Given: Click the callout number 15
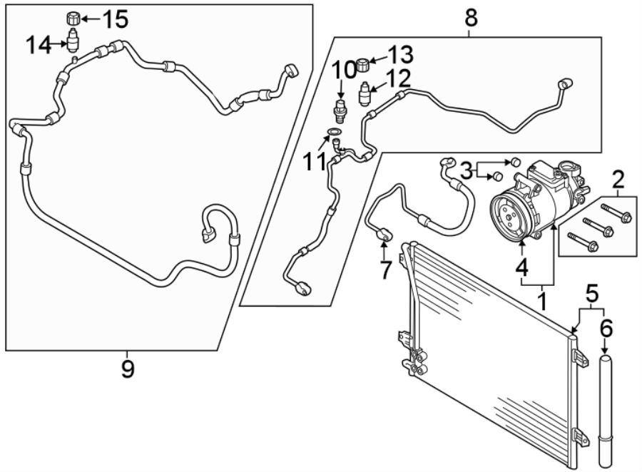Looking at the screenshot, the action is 115,19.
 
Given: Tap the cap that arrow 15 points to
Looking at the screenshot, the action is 73,19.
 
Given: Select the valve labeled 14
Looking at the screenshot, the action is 73,41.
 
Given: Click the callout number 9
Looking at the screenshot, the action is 128,369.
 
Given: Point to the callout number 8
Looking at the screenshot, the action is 472,18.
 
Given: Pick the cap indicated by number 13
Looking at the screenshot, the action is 362,65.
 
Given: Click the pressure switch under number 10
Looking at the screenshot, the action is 340,110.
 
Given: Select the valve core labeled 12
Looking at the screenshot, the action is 365,93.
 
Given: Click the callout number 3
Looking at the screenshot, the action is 467,170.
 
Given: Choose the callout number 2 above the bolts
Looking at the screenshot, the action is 618,179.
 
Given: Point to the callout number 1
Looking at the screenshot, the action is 542,302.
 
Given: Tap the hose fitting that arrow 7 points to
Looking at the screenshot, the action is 384,235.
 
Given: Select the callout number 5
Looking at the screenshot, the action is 592,293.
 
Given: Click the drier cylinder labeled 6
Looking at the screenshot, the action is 606,412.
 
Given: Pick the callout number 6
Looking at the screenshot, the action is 606,328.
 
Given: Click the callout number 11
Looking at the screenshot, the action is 315,162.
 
